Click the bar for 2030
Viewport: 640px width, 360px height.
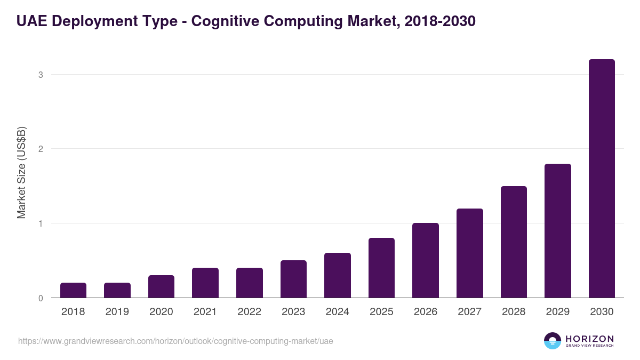point(602,179)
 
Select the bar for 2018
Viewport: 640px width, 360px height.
point(73,290)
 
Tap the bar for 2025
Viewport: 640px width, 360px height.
point(381,268)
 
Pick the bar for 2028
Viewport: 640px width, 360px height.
point(514,242)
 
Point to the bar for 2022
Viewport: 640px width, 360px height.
point(250,283)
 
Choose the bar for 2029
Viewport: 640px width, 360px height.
point(558,230)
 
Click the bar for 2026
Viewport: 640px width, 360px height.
point(426,260)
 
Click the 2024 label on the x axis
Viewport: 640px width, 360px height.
point(337,312)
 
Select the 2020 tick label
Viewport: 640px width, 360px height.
point(161,312)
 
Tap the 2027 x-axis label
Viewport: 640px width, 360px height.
point(469,312)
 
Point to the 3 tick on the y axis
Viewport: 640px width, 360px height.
point(41,75)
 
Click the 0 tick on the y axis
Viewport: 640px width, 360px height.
point(41,298)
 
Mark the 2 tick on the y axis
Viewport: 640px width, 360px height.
point(41,149)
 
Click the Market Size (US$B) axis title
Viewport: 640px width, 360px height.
point(22,172)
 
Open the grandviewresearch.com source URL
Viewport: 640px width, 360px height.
point(175,341)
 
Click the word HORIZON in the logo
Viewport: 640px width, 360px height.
point(589,338)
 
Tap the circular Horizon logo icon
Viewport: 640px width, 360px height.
point(553,341)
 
